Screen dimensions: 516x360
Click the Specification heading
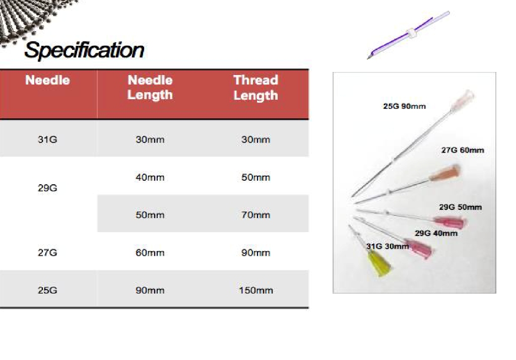tap(84, 50)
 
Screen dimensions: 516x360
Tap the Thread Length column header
tap(255, 88)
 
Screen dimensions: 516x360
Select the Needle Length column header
tap(150, 88)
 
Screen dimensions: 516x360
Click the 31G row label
tap(47, 139)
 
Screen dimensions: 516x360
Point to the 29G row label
tap(47, 188)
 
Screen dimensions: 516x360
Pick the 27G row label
tap(47, 252)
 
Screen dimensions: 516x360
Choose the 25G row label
tap(47, 291)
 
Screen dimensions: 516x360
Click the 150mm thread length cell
tap(256, 291)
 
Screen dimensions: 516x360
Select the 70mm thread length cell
tap(255, 215)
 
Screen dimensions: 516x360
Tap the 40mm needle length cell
tap(150, 177)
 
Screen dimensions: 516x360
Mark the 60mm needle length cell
tap(150, 252)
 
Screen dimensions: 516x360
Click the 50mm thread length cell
tap(255, 177)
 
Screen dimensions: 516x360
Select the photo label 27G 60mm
tap(463, 150)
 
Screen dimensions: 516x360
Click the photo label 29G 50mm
tap(461, 207)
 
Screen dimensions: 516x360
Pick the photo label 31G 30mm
tap(388, 246)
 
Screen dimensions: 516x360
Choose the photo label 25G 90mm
tap(405, 106)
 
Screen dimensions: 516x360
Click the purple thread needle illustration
tap(408, 35)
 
